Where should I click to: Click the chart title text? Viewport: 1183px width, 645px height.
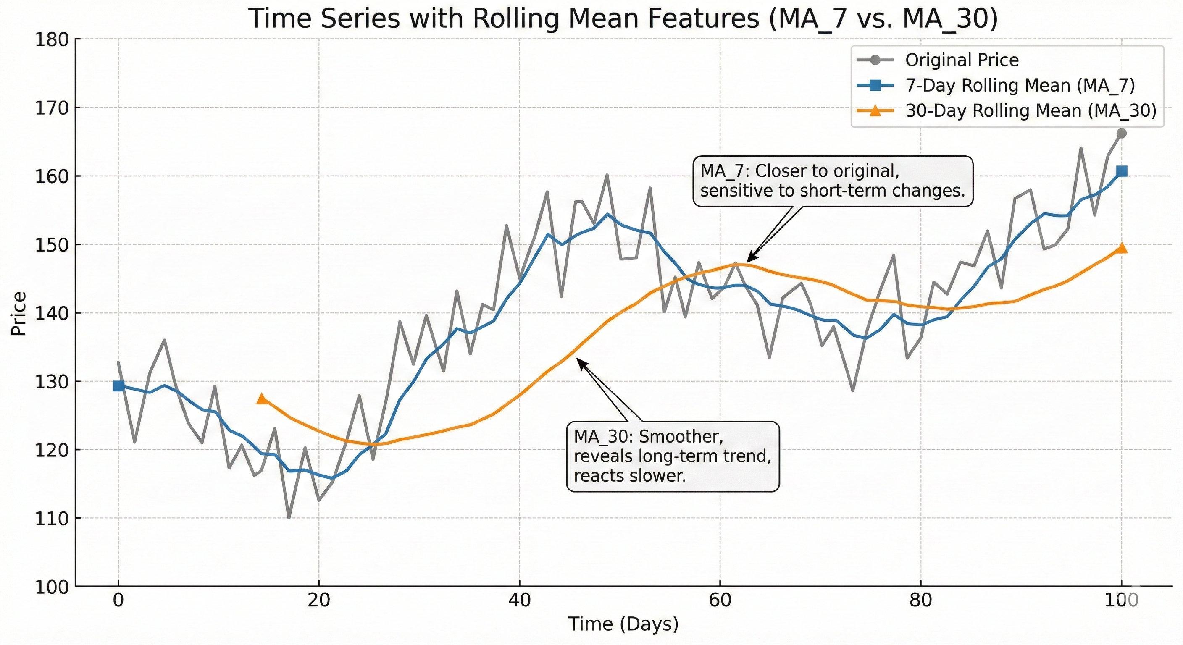pyautogui.click(x=623, y=19)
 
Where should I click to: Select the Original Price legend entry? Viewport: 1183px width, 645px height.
pyautogui.click(x=962, y=60)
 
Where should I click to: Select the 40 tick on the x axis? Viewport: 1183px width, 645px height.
pyautogui.click(x=519, y=600)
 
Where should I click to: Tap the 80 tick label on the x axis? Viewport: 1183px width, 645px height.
pyautogui.click(x=920, y=600)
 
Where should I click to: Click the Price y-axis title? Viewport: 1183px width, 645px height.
pyautogui.click(x=19, y=314)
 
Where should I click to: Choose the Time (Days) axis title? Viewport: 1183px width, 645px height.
pyautogui.click(x=623, y=624)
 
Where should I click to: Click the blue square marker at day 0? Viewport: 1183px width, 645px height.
pyautogui.click(x=118, y=386)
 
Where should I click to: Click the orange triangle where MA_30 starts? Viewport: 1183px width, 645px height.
pyautogui.click(x=262, y=399)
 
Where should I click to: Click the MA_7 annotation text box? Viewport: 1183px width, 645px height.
pyautogui.click(x=832, y=181)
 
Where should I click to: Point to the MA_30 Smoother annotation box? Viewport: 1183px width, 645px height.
pyautogui.click(x=673, y=457)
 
